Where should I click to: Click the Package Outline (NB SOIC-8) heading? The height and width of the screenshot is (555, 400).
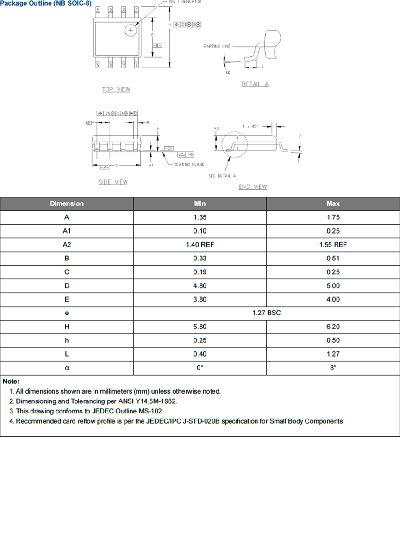pyautogui.click(x=46, y=3)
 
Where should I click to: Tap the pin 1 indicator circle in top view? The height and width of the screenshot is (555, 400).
pyautogui.click(x=131, y=31)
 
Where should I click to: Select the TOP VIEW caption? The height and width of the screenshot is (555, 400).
pyautogui.click(x=116, y=89)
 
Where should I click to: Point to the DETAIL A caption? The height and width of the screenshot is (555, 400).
pyautogui.click(x=255, y=84)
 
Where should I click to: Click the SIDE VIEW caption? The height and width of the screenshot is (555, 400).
pyautogui.click(x=113, y=182)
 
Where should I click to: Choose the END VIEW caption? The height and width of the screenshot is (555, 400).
pyautogui.click(x=252, y=187)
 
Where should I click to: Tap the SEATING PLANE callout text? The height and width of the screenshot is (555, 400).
pyautogui.click(x=189, y=165)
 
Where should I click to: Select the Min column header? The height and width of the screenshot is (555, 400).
pyautogui.click(x=200, y=203)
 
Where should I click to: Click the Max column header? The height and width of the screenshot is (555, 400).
pyautogui.click(x=333, y=203)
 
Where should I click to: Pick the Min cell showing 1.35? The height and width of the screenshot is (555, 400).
pyautogui.click(x=200, y=217)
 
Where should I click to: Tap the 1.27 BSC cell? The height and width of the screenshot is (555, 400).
pyautogui.click(x=267, y=313)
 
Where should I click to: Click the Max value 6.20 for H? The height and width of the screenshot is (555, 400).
pyautogui.click(x=333, y=327)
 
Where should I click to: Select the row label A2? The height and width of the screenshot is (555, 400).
pyautogui.click(x=67, y=245)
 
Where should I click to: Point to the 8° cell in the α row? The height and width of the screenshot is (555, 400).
pyautogui.click(x=333, y=368)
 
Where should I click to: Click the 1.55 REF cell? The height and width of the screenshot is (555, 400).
pyautogui.click(x=333, y=245)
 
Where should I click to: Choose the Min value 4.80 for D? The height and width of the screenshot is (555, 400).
pyautogui.click(x=200, y=286)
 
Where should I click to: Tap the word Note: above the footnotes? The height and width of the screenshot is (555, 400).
pyautogui.click(x=11, y=382)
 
